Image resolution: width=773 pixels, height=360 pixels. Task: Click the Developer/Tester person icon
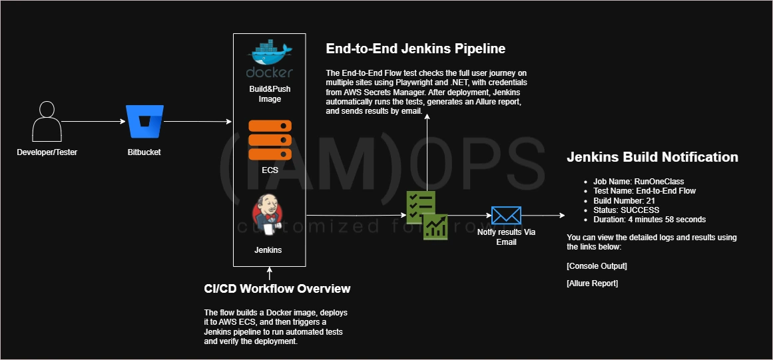point(47,122)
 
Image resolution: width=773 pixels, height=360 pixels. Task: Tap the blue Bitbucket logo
point(144,122)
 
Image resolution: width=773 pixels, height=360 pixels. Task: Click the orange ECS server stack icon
point(270,140)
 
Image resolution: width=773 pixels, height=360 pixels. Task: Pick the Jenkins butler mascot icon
point(268,215)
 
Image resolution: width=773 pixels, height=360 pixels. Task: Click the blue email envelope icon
point(506,215)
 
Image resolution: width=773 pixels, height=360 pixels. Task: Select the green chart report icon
point(435,227)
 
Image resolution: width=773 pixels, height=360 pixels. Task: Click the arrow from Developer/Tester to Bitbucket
point(93,122)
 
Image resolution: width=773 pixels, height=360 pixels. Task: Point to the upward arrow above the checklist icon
point(427,152)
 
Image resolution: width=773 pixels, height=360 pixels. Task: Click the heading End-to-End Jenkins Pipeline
point(415,49)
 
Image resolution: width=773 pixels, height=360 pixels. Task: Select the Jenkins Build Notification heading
point(652,157)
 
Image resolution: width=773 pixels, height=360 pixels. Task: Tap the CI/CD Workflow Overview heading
point(277,289)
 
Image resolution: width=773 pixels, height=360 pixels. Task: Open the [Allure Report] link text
point(592,283)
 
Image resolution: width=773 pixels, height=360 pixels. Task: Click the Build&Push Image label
point(270,94)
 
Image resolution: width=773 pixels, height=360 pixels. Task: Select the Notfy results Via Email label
point(506,237)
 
